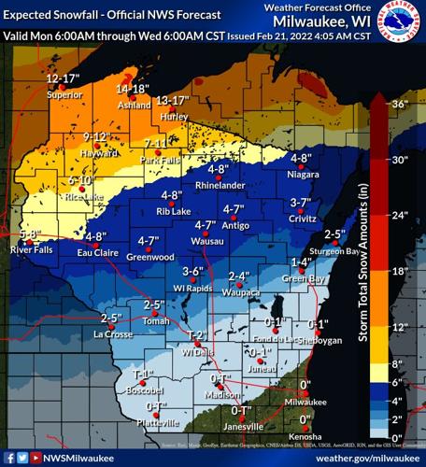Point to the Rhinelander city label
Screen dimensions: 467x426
[220, 185]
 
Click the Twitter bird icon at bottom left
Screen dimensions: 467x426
[21, 458]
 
